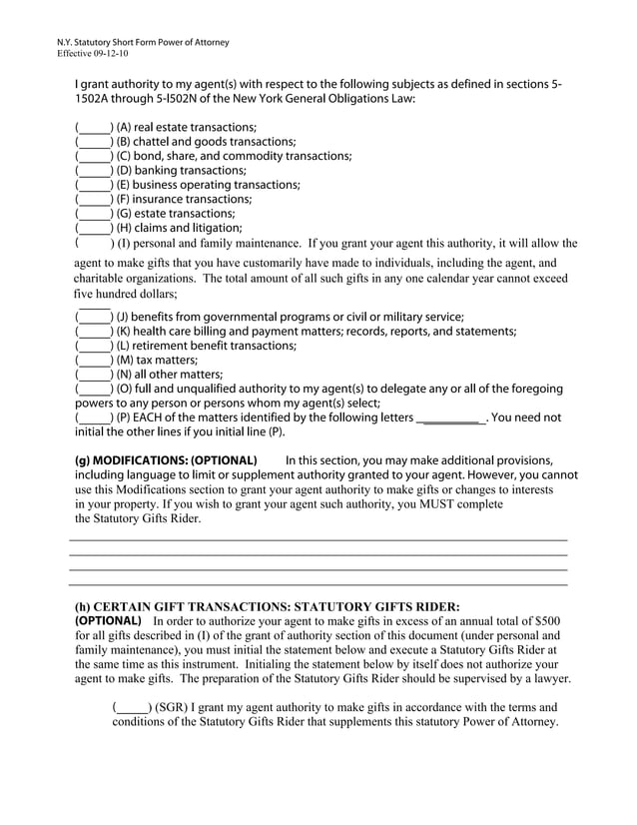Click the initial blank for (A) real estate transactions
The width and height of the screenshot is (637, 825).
tap(94, 128)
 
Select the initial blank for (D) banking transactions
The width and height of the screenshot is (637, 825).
tap(94, 171)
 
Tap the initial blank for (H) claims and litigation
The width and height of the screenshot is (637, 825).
tap(94, 228)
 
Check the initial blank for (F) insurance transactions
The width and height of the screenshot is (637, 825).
tap(94, 199)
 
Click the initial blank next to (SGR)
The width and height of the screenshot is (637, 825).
tap(132, 707)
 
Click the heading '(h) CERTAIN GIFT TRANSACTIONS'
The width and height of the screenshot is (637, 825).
tap(268, 606)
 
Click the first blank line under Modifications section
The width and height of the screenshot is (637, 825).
tap(318, 540)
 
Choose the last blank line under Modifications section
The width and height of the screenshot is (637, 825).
tap(318, 584)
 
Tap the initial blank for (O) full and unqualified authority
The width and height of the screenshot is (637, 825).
tap(94, 389)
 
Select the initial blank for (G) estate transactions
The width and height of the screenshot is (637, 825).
tap(94, 214)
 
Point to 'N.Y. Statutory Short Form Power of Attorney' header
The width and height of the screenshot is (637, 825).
tap(143, 42)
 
